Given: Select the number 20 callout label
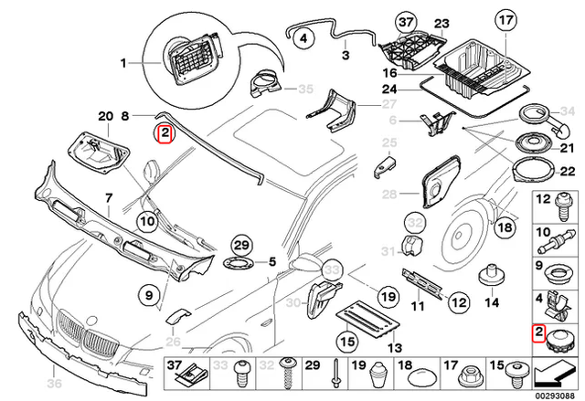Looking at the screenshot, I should pyautogui.click(x=104, y=116).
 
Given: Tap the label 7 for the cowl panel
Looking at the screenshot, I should pyautogui.click(x=107, y=198).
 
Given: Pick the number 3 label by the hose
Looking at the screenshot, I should pyautogui.click(x=346, y=56).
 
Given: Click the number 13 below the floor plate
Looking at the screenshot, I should pyautogui.click(x=395, y=348).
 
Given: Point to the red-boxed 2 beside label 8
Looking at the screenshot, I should pyautogui.click(x=164, y=135).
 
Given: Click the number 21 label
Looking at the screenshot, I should pyautogui.click(x=566, y=148).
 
